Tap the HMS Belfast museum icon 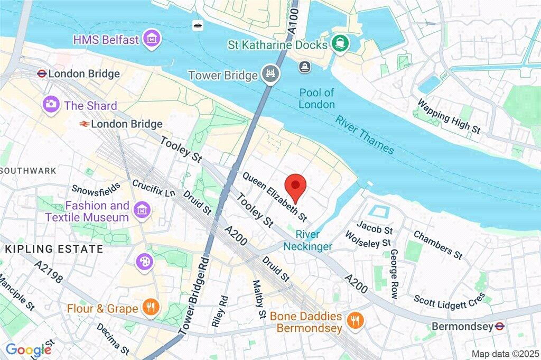click(x=152, y=39)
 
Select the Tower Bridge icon click(x=269, y=75)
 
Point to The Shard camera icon click(x=52, y=104)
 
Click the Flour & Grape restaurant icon click(x=151, y=308)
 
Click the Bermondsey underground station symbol click(x=497, y=326)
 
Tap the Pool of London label click(x=316, y=98)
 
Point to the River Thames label click(x=365, y=135)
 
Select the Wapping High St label click(x=449, y=116)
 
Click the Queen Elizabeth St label click(x=275, y=196)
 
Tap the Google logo click(x=29, y=349)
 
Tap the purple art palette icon click(x=144, y=261)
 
